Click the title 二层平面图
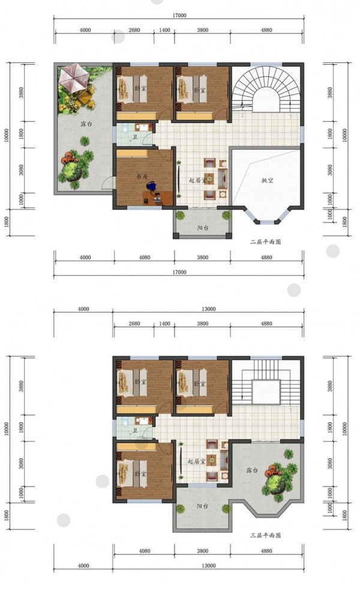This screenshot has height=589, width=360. point(265,242)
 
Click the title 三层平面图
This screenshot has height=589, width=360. point(265,535)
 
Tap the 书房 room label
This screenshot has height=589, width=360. point(142,176)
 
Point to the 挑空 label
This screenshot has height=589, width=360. point(267,181)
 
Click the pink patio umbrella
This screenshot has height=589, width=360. point(74,77)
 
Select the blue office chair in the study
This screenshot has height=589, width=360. point(151,186)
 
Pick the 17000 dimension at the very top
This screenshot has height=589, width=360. point(179,16)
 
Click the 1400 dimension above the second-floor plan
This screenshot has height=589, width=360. point(164,30)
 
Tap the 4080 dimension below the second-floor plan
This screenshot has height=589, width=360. point(145,257)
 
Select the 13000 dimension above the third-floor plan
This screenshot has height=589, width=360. point(209,309)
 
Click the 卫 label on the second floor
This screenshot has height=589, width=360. point(135,137)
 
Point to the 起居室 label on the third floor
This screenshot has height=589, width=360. point(197,461)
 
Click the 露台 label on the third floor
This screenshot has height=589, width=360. point(252,470)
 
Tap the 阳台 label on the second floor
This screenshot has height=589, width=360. point(203,228)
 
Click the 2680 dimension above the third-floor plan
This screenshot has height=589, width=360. point(134,323)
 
